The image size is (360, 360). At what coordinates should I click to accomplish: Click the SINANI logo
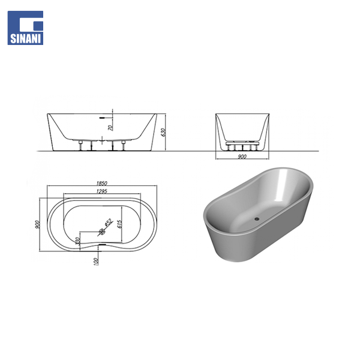click(x=25, y=28)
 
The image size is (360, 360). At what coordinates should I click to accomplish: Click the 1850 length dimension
click(x=102, y=183)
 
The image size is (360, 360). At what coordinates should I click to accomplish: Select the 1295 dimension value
click(x=102, y=191)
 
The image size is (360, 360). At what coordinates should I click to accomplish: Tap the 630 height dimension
click(x=163, y=133)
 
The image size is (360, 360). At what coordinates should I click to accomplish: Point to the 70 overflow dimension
click(x=110, y=127)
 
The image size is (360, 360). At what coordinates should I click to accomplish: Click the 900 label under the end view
click(x=242, y=157)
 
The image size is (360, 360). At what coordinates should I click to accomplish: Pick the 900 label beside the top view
click(x=38, y=224)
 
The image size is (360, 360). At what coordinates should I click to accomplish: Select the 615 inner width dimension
click(x=119, y=224)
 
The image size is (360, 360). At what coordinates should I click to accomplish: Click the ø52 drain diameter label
click(x=109, y=223)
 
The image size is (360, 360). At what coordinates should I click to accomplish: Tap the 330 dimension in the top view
click(x=77, y=241)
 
